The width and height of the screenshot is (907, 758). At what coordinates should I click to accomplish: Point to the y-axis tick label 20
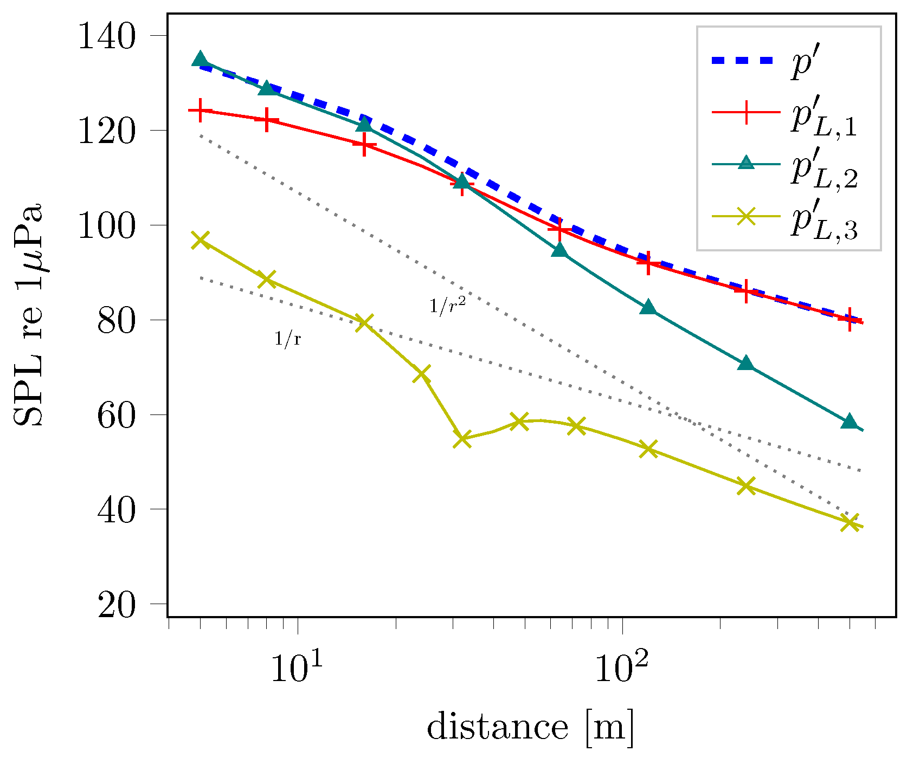coord(116,605)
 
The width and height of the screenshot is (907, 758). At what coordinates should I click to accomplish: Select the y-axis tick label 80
coord(116,321)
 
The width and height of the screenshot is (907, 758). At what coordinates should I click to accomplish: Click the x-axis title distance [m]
coord(530,727)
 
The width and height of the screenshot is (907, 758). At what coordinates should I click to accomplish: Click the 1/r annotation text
coord(287,339)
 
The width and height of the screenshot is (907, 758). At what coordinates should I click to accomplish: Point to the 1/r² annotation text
coord(447,306)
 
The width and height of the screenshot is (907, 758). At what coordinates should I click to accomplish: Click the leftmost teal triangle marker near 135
coord(200,59)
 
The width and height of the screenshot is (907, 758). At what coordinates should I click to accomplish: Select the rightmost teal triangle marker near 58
coord(850,422)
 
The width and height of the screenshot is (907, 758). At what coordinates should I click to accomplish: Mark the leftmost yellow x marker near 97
coord(201,240)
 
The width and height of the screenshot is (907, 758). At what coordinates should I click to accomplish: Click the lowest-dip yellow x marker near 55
coord(462,439)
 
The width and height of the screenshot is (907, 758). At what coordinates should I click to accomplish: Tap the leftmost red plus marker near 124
coord(201,111)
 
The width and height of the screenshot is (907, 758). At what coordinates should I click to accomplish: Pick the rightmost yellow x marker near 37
coord(850,522)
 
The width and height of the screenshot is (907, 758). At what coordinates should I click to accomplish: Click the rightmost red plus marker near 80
coord(850,320)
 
